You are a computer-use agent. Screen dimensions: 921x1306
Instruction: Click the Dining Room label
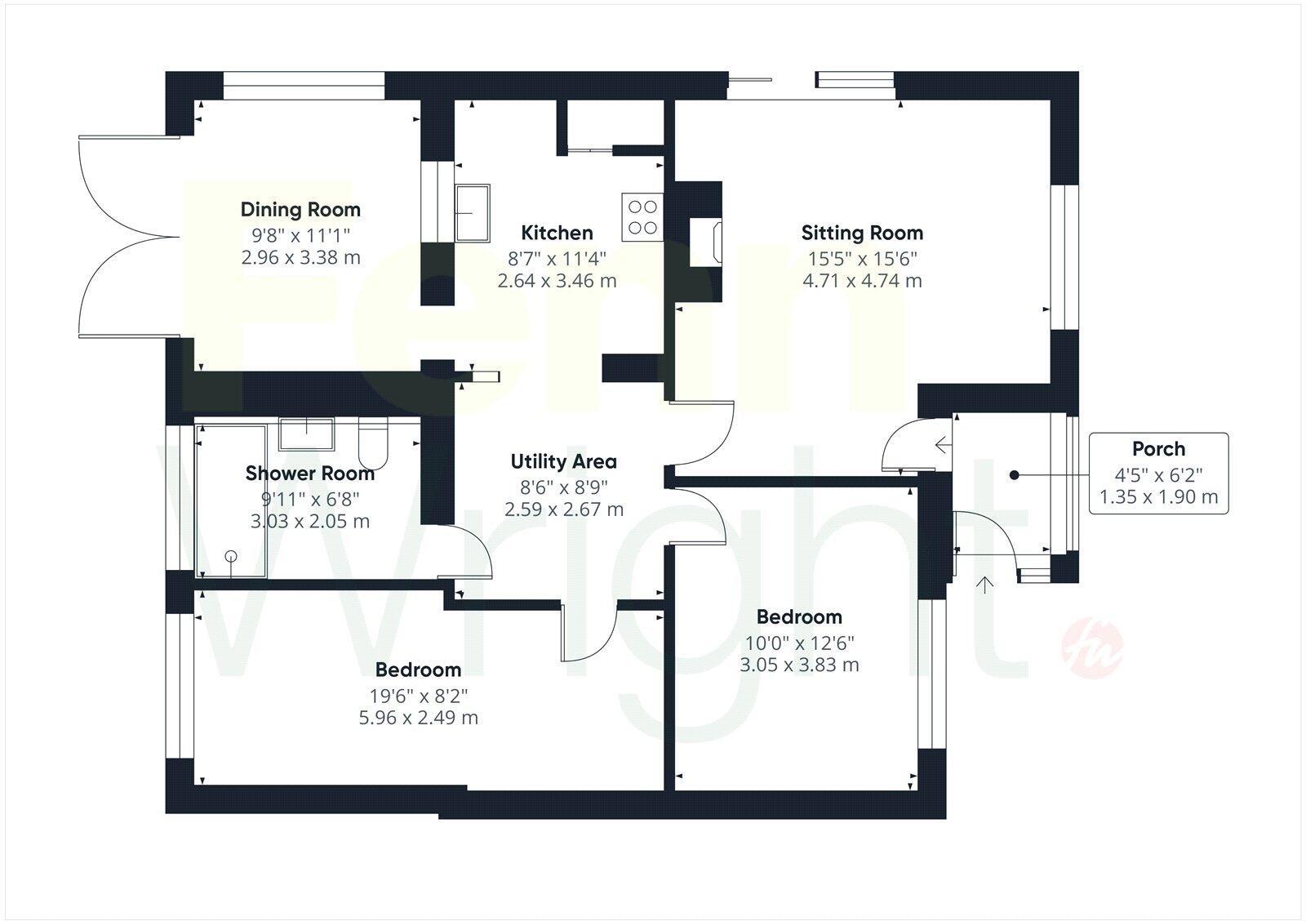pyautogui.click(x=300, y=210)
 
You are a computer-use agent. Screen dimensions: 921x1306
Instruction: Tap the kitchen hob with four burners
pyautogui.click(x=642, y=217)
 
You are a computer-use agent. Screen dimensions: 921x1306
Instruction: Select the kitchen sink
pyautogui.click(x=473, y=212)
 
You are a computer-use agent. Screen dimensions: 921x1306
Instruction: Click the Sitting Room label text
pyautogui.click(x=862, y=233)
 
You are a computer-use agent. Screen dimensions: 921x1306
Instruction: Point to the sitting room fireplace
pyautogui.click(x=706, y=241)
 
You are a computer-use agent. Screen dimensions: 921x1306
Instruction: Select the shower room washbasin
pyautogui.click(x=306, y=433)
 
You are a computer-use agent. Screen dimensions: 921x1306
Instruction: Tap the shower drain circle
pyautogui.click(x=231, y=556)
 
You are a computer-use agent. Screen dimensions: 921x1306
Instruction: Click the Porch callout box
pyautogui.click(x=1158, y=473)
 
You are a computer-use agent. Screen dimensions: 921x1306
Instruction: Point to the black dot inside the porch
pyautogui.click(x=1014, y=474)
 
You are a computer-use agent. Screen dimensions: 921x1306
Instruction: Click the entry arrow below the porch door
pyautogui.click(x=985, y=585)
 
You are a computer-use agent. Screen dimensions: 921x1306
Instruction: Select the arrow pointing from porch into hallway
pyautogui.click(x=943, y=445)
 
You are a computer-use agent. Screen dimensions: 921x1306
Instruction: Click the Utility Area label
pyautogui.click(x=563, y=461)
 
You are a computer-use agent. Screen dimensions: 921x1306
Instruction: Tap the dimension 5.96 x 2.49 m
pyautogui.click(x=419, y=718)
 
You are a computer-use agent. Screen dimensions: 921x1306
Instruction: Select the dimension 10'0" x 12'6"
pyautogui.click(x=799, y=643)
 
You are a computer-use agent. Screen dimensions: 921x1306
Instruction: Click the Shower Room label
pyautogui.click(x=310, y=474)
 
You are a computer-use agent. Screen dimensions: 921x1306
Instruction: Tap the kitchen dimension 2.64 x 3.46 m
pyautogui.click(x=557, y=281)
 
